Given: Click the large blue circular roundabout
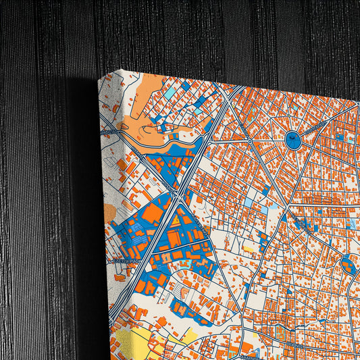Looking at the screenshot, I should coord(294,140).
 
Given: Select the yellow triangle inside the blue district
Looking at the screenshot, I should coord(174,220).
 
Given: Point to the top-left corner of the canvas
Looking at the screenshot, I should coord(99,78).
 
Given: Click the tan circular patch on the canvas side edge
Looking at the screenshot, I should coord(109,213).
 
